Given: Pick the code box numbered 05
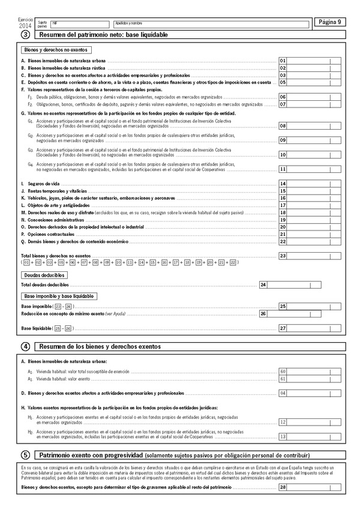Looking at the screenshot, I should [283, 82].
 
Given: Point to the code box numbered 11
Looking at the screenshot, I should [283, 169].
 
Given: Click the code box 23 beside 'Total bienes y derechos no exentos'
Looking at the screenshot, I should [283, 256].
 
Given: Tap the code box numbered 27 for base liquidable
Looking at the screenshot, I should [283, 328].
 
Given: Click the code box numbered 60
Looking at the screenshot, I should [283, 372].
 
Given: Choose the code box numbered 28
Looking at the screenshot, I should [283, 487].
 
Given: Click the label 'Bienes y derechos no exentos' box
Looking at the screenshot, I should [55, 50].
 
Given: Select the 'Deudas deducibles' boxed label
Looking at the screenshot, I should [44, 274].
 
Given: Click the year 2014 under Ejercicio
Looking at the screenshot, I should [25, 26].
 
